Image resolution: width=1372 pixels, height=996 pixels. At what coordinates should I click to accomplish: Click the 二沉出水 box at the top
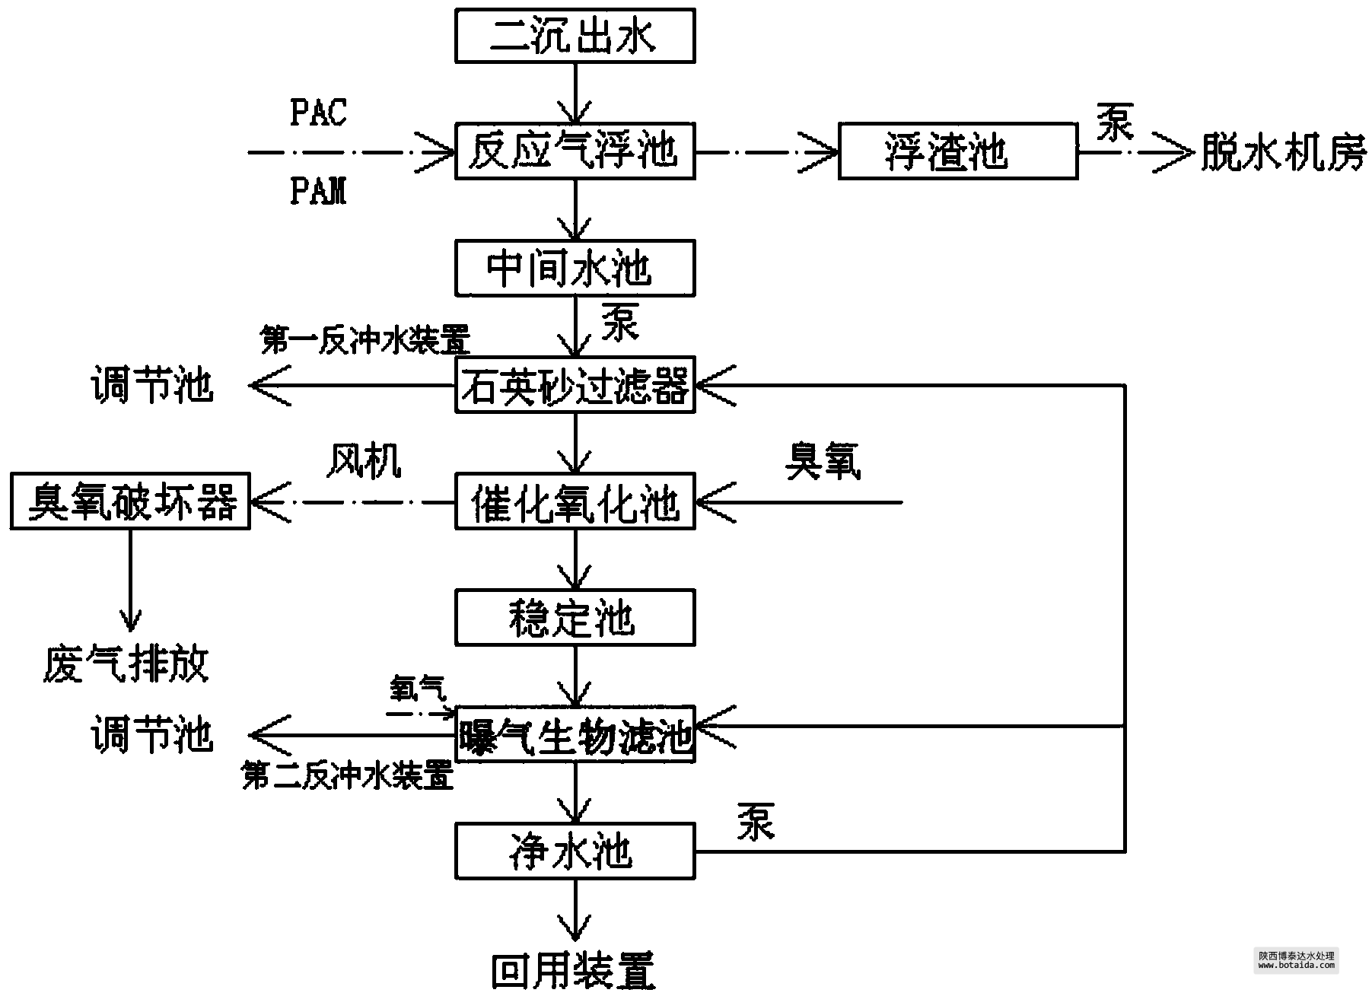click(x=575, y=36)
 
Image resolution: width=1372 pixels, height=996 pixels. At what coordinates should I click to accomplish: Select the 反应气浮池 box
click(x=575, y=152)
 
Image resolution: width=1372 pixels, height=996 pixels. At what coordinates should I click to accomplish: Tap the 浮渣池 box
click(x=957, y=152)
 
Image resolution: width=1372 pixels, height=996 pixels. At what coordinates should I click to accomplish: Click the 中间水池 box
click(x=575, y=269)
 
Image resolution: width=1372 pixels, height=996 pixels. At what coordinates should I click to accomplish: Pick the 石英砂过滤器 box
click(x=575, y=386)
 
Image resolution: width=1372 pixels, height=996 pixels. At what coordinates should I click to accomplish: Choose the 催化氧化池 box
click(x=575, y=502)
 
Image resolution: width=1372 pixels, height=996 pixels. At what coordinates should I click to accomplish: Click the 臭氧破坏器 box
click(x=130, y=502)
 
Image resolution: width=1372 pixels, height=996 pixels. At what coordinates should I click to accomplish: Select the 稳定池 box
click(x=575, y=619)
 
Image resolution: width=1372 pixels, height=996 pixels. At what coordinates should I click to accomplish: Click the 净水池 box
click(x=575, y=851)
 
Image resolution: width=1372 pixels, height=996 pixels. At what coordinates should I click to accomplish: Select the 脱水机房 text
click(x=1284, y=152)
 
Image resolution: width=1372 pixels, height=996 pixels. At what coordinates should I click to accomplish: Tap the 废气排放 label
click(x=126, y=664)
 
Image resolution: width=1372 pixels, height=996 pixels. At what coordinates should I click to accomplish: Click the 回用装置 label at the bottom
click(x=573, y=972)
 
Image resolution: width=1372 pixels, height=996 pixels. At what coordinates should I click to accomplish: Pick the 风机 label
click(x=364, y=461)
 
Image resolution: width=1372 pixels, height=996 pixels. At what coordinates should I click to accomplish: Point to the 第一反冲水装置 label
click(x=365, y=340)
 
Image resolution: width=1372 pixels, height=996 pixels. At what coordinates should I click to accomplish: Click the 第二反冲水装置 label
click(x=348, y=776)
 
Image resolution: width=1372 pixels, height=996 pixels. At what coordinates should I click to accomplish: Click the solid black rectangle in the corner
click(x=1296, y=960)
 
